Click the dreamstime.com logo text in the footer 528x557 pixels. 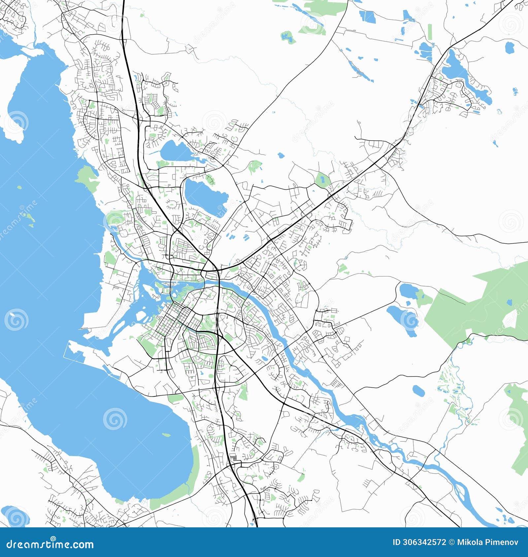pyautogui.click(x=50, y=544)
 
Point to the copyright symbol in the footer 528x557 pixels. pyautogui.click(x=451, y=542)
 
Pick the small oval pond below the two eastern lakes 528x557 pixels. pyautogui.click(x=418, y=391)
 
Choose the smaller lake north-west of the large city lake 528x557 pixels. pyautogui.click(x=174, y=151)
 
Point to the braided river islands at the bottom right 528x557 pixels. pyautogui.click(x=462, y=491)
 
